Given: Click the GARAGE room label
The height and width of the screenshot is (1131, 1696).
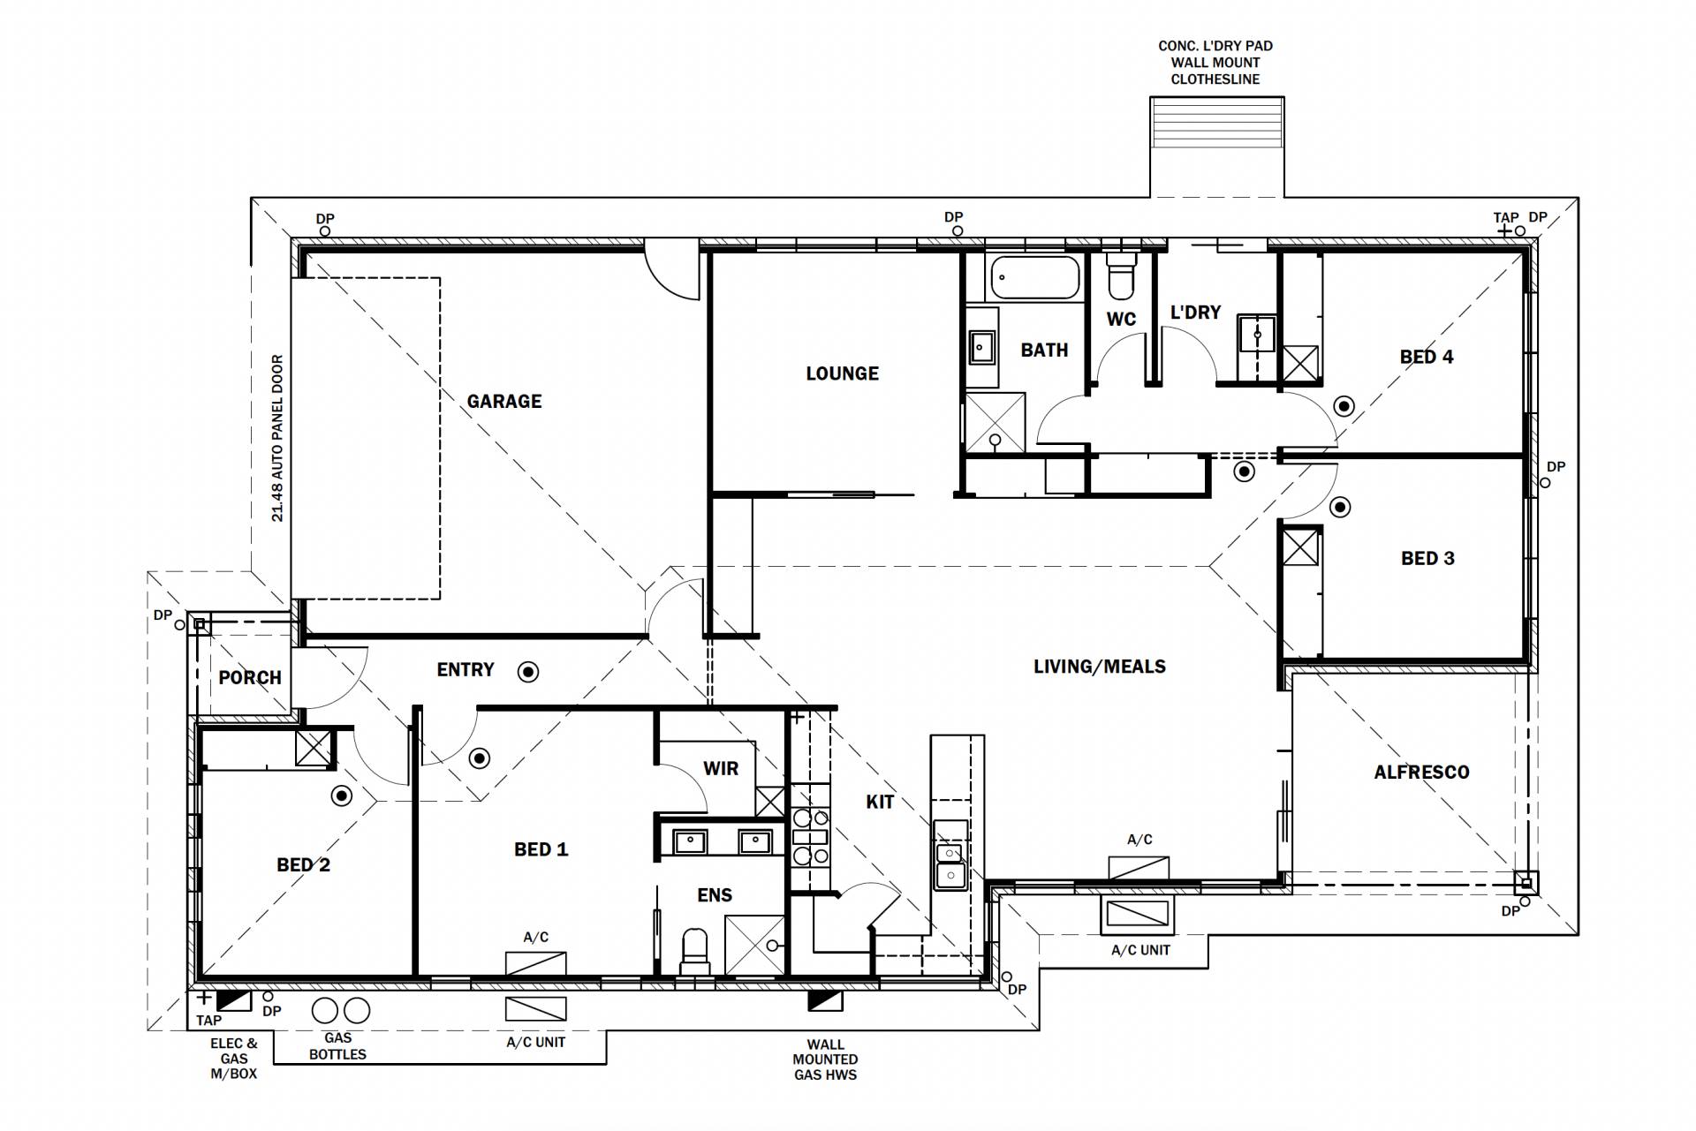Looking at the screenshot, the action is (504, 402).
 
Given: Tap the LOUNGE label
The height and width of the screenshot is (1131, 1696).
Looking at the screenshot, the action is (842, 373).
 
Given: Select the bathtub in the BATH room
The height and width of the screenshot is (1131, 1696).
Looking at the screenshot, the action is (1034, 277).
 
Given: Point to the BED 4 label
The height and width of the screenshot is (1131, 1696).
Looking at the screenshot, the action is (1427, 357).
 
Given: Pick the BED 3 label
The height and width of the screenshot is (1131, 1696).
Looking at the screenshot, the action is (1427, 558).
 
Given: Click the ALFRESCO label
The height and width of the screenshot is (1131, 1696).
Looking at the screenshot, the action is (1421, 773).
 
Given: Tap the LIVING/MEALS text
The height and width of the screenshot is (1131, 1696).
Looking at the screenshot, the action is (1100, 667).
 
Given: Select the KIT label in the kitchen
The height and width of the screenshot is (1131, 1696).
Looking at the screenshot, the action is (880, 802).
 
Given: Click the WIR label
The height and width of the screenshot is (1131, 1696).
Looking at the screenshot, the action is (721, 768).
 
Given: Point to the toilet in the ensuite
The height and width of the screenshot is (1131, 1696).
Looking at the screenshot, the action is (695, 951).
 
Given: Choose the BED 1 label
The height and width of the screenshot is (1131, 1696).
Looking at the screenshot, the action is (541, 849).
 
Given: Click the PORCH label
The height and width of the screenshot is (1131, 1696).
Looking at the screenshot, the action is (250, 678).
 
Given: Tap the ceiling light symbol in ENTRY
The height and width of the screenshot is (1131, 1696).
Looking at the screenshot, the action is (528, 672).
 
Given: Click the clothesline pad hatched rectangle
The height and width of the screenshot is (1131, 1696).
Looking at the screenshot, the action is (1216, 124).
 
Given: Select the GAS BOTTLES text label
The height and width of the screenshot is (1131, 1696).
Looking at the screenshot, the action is (337, 1046).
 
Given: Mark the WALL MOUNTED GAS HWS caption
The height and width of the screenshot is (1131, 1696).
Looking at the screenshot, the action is (825, 1059).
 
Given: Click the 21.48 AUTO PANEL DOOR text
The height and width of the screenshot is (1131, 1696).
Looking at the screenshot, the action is (277, 439).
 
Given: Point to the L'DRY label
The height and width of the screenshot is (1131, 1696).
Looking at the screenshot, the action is (1195, 313).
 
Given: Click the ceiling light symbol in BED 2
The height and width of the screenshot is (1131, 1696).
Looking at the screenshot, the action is (341, 796).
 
